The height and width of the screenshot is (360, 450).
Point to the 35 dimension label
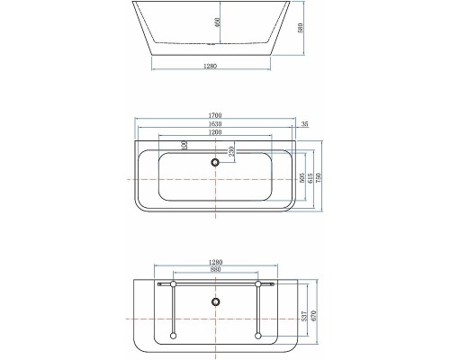pos(306,124)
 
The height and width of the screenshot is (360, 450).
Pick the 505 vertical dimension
pos(301,178)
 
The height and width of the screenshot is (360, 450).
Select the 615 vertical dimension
pos(310,180)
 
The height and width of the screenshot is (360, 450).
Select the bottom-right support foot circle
pos(259,337)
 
